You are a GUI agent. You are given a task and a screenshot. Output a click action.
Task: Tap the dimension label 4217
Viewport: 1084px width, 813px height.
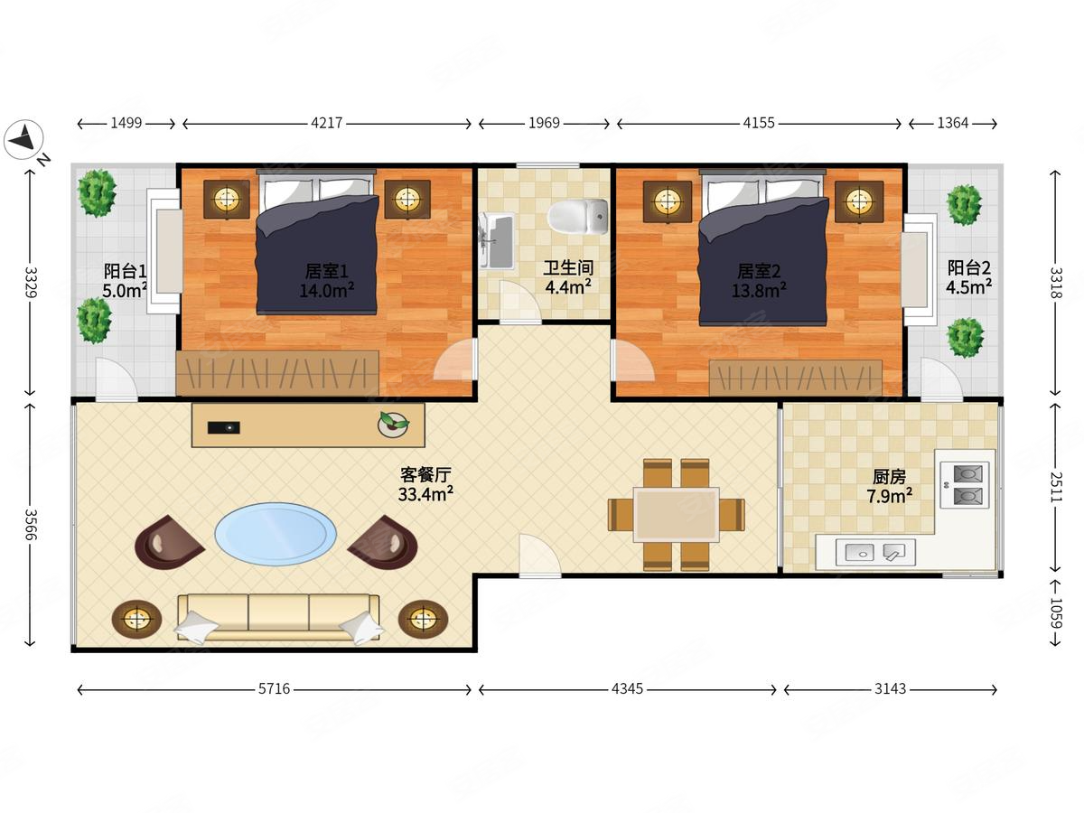click(x=326, y=123)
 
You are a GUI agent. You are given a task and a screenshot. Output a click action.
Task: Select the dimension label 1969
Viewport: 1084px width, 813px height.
click(x=544, y=123)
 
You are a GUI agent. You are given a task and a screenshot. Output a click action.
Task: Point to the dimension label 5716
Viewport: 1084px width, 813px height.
click(x=274, y=688)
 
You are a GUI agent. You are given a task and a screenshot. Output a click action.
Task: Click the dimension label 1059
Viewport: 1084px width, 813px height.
click(x=1055, y=613)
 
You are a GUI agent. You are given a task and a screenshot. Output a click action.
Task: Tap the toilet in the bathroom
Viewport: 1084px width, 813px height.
click(x=578, y=217)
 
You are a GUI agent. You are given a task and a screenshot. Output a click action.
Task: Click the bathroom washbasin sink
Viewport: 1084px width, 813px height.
click(x=496, y=240)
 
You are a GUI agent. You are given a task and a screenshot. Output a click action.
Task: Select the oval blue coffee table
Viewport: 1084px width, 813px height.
click(x=276, y=534)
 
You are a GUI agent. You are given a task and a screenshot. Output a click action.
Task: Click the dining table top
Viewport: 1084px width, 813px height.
click(x=676, y=515)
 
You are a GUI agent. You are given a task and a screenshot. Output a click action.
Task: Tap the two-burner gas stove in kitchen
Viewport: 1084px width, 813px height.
click(x=965, y=485)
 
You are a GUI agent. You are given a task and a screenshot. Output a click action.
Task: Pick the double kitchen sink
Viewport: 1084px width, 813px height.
click(x=875, y=552)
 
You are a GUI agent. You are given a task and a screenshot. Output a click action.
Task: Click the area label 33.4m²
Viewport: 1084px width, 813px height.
click(x=425, y=493)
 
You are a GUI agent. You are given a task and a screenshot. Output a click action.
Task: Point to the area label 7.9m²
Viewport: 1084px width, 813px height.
click(x=890, y=496)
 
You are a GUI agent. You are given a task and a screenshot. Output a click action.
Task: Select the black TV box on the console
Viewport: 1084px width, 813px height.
click(x=224, y=427)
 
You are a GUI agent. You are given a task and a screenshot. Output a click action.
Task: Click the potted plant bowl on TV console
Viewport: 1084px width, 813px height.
click(x=394, y=425)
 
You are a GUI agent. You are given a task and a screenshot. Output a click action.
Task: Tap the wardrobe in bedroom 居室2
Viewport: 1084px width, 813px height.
click(x=796, y=378)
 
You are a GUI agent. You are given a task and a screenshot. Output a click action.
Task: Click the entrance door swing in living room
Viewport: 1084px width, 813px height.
click(x=538, y=556)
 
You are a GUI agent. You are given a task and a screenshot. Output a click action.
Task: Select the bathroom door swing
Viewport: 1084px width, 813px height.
click(x=520, y=302)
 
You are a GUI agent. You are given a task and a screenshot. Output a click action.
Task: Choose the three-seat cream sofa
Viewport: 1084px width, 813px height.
click(x=278, y=618)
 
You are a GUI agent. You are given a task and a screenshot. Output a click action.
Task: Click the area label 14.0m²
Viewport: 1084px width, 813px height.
click(x=326, y=290)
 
